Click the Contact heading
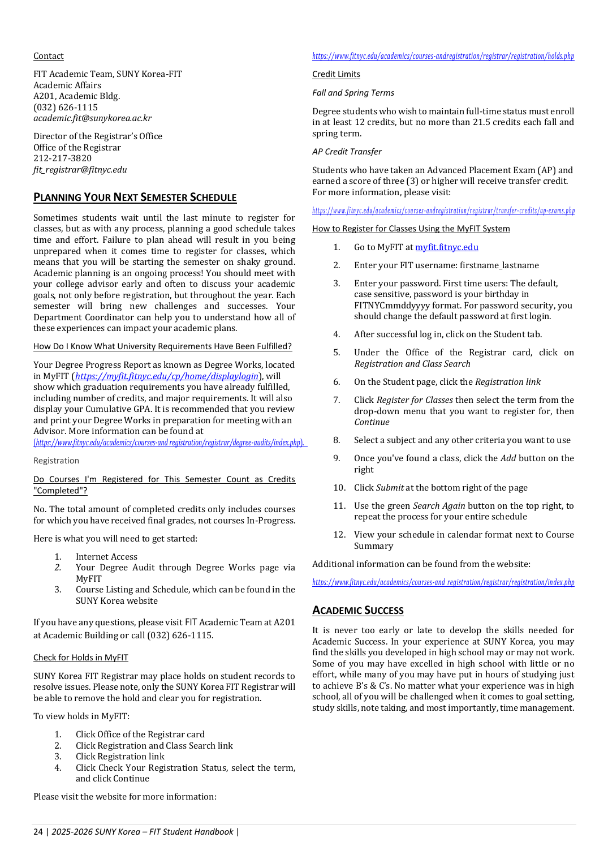click(49, 56)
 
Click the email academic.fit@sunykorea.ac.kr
click(92, 118)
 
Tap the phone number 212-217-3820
click(62, 158)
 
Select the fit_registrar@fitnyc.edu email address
click(80, 170)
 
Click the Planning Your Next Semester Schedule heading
click(135, 197)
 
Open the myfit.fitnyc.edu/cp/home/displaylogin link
click(167, 376)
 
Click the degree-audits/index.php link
click(170, 443)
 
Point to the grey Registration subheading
click(56, 461)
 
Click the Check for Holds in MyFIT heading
click(80, 658)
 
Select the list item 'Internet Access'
click(106, 557)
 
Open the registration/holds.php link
click(443, 56)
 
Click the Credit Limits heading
click(336, 74)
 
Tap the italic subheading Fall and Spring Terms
click(353, 93)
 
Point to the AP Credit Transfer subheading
click(347, 152)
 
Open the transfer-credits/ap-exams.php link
click(443, 211)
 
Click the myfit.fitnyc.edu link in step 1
click(446, 247)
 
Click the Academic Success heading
click(357, 611)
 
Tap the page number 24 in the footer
click(38, 832)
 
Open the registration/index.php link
click(443, 582)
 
